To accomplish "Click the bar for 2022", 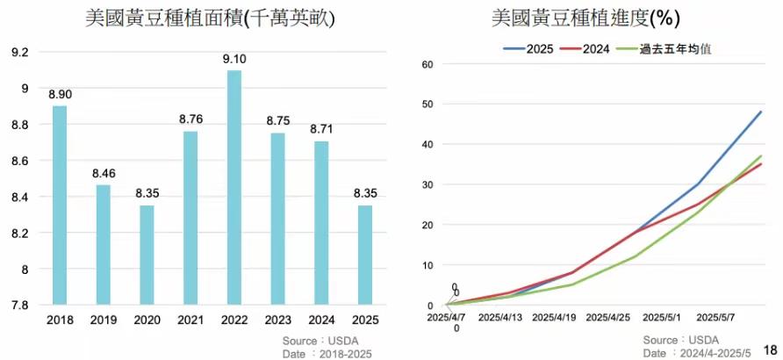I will [233, 188].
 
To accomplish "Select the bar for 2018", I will [60, 205].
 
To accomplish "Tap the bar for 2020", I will [147, 256].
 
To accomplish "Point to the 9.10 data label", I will [233, 59].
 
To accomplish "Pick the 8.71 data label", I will [321, 129].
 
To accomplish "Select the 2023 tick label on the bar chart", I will [277, 321].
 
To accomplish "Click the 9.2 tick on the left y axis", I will [19, 53].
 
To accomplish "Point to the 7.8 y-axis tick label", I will [19, 306].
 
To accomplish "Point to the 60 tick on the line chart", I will [429, 64].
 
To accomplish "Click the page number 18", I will [772, 349].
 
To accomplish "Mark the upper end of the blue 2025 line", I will [761, 112].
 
